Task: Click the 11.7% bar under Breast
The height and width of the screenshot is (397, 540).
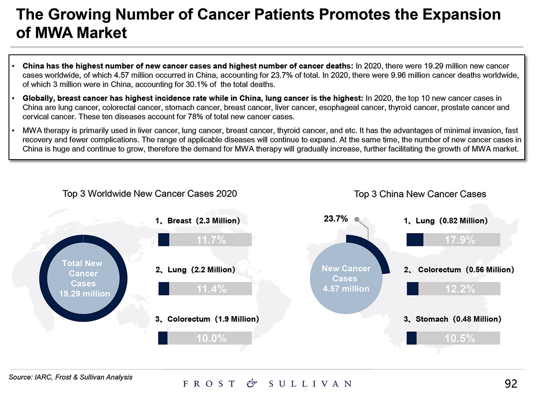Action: click(x=205, y=240)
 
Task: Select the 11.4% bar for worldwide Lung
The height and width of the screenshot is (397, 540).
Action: click(x=205, y=289)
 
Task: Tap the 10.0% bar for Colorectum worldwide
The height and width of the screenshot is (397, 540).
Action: click(x=205, y=338)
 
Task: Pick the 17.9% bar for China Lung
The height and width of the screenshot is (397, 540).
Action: click(x=453, y=240)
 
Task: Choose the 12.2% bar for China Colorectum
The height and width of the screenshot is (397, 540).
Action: click(x=454, y=289)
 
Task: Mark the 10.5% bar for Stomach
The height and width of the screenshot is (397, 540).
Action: click(x=453, y=338)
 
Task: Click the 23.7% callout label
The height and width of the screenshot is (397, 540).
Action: click(x=336, y=219)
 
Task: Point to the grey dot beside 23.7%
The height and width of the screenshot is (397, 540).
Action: click(x=357, y=219)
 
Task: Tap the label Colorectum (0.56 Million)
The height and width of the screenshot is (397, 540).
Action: click(x=466, y=270)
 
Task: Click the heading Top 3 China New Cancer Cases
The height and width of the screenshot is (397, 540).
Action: click(x=420, y=194)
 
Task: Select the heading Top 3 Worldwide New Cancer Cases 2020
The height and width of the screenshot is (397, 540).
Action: click(x=150, y=194)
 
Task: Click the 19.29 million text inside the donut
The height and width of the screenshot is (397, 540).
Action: click(x=85, y=294)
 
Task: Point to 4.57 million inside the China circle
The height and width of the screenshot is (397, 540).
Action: click(x=346, y=289)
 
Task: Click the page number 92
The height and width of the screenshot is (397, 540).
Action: click(x=511, y=384)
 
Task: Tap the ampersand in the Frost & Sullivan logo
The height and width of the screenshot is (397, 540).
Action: click(x=252, y=384)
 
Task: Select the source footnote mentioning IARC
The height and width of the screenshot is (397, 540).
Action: click(x=71, y=377)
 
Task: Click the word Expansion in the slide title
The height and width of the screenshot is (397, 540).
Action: click(x=461, y=15)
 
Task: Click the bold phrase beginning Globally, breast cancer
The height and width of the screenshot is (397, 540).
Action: click(x=193, y=98)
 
